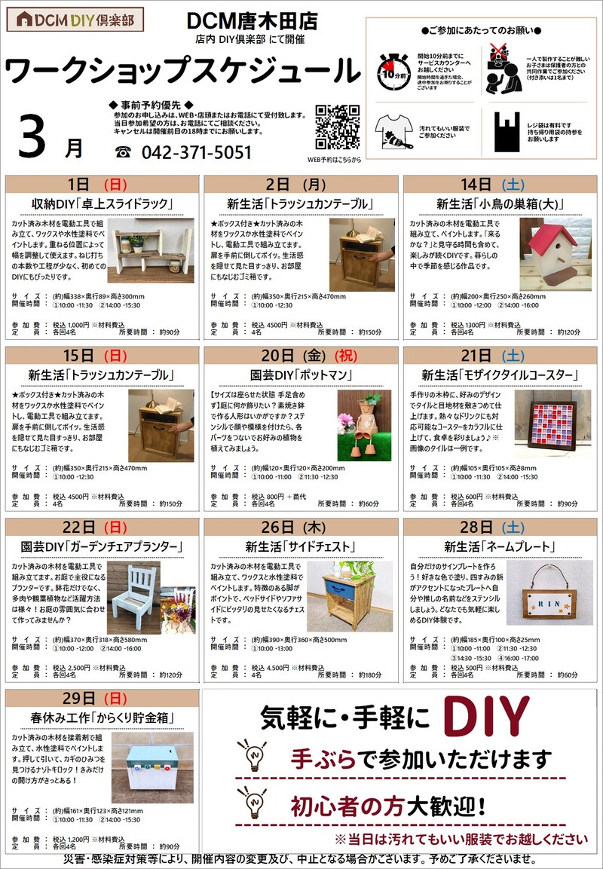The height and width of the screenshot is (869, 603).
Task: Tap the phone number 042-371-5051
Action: coord(197,152)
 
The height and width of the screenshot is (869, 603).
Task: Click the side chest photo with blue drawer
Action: coord(349,596)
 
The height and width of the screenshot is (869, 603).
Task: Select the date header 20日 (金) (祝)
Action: coord(301,354)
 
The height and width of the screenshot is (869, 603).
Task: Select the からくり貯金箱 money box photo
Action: coord(152,767)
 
